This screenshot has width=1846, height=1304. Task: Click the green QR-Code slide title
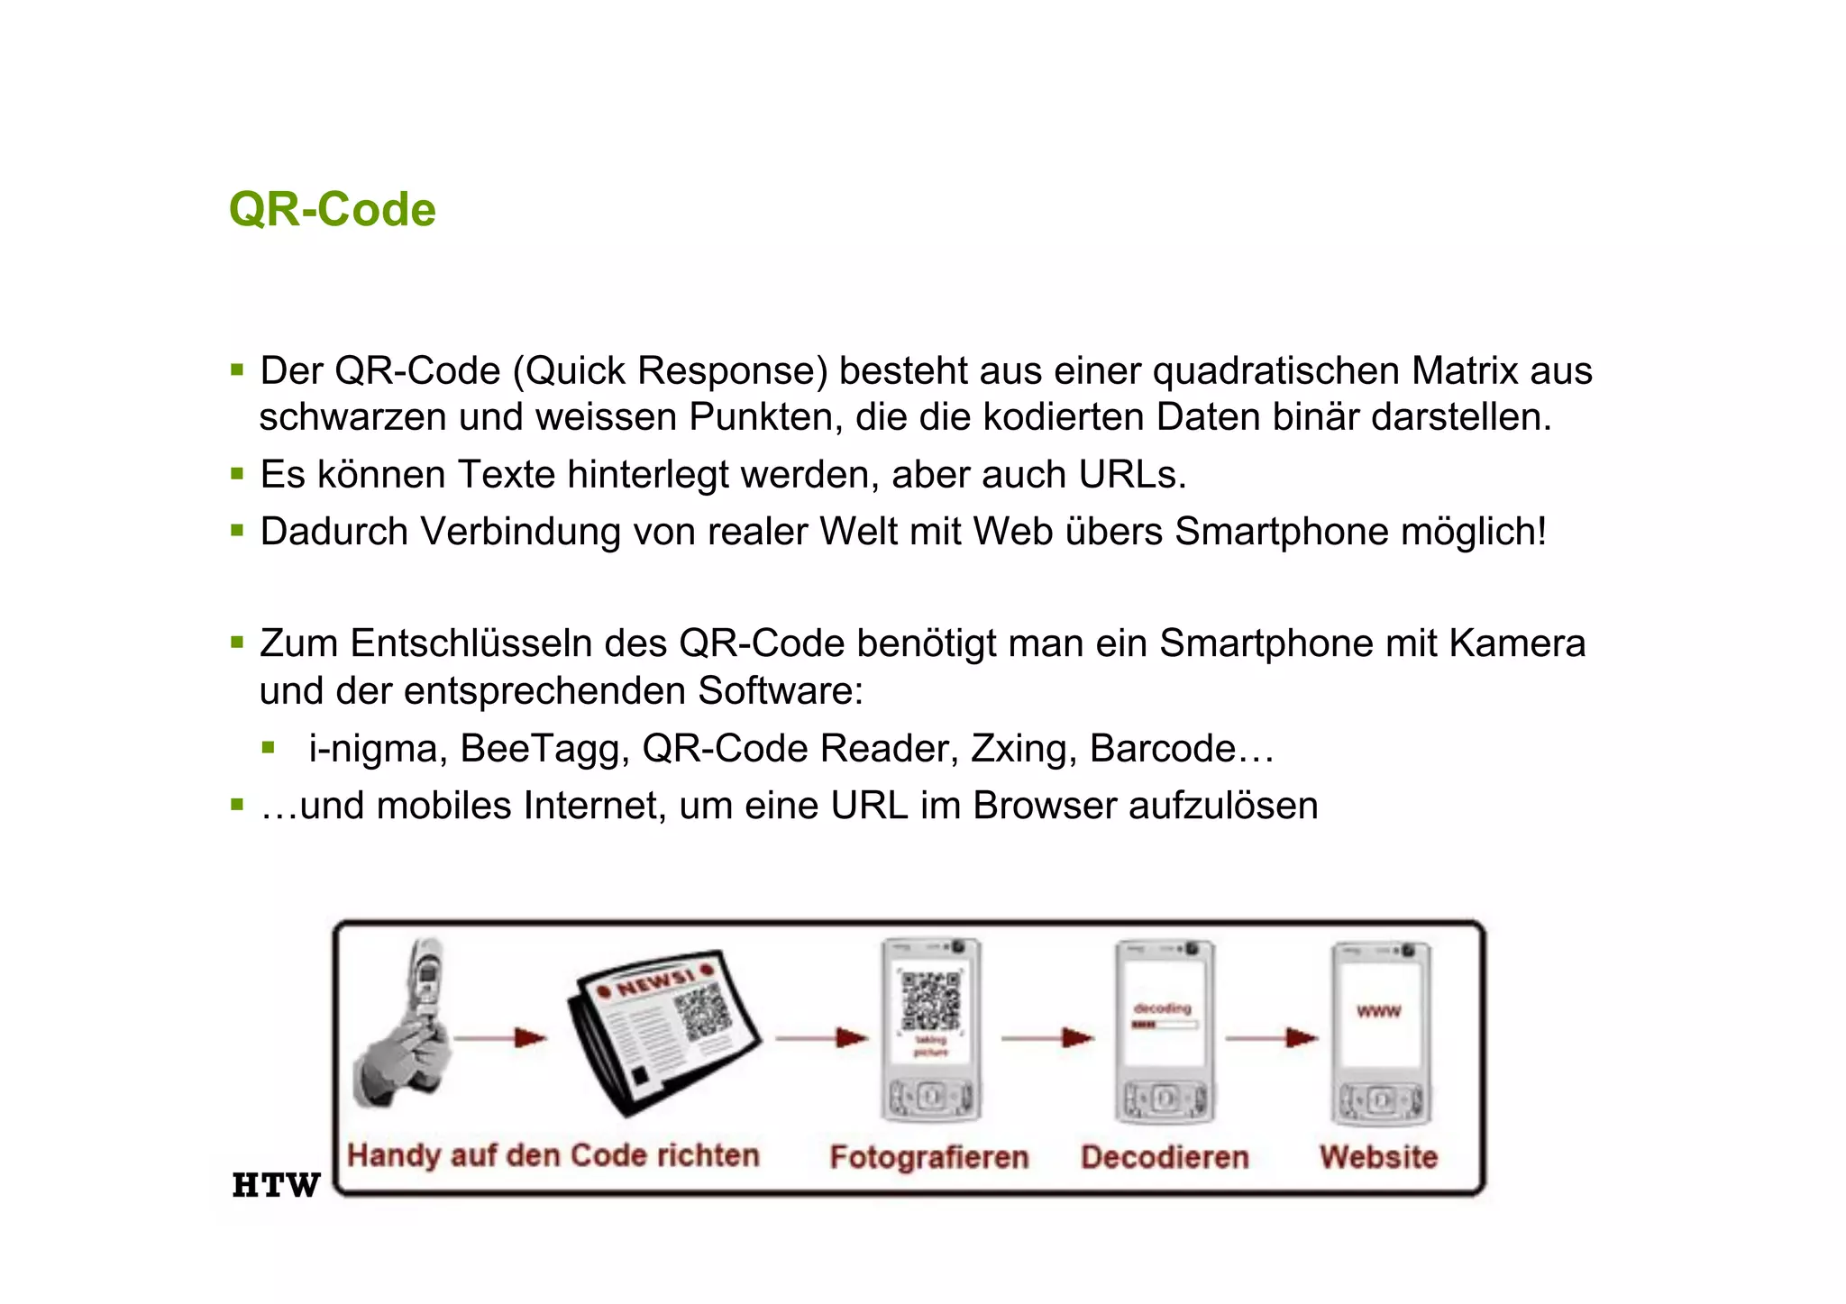pyautogui.click(x=332, y=210)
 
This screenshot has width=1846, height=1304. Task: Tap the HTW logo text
pyautogui.click(x=276, y=1185)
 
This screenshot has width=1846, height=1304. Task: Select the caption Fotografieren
pyautogui.click(x=929, y=1157)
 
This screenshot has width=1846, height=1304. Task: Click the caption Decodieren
pyautogui.click(x=1165, y=1157)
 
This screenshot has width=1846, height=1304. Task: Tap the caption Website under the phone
pyautogui.click(x=1378, y=1157)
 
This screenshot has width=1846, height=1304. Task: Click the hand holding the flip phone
pyautogui.click(x=406, y=1027)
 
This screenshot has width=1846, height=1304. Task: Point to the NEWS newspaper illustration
pyautogui.click(x=663, y=1027)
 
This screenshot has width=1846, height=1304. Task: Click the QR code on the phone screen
pyautogui.click(x=931, y=1000)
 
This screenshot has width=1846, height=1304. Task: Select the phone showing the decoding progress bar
pyautogui.click(x=1164, y=1032)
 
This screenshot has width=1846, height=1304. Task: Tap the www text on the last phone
pyautogui.click(x=1378, y=1011)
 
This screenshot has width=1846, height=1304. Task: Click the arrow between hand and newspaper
pyautogui.click(x=500, y=1038)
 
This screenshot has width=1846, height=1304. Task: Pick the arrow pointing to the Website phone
pyautogui.click(x=1272, y=1038)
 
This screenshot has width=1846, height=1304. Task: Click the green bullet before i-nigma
pyautogui.click(x=268, y=747)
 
